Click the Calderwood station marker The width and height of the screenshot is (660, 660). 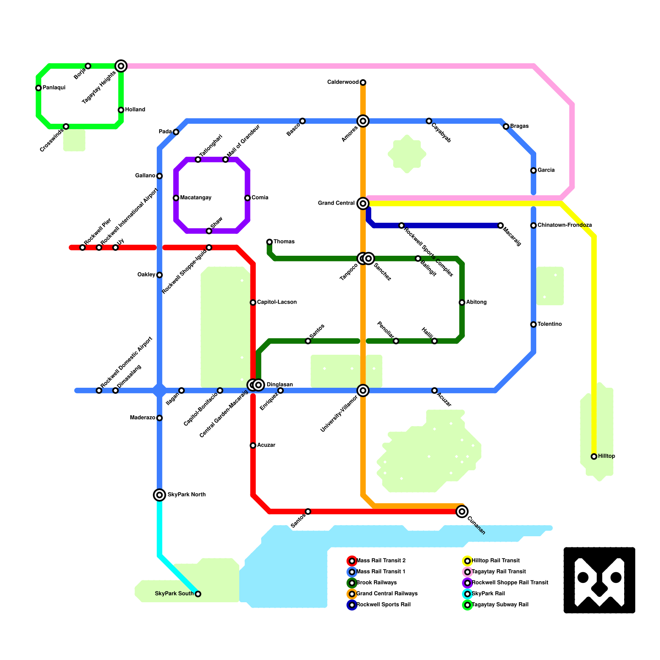pyautogui.click(x=363, y=82)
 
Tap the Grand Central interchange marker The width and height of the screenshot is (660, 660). pyautogui.click(x=363, y=203)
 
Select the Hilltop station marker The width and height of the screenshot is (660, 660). pyautogui.click(x=594, y=457)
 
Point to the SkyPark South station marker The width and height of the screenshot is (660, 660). pyautogui.click(x=198, y=594)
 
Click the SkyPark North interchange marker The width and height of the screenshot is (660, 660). pyautogui.click(x=160, y=495)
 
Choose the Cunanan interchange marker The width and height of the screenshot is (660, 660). pyautogui.click(x=462, y=511)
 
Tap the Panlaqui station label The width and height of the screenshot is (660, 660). pyautogui.click(x=54, y=88)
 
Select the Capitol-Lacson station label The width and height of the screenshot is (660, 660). pyautogui.click(x=277, y=302)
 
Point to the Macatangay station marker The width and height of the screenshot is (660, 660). pyautogui.click(x=176, y=198)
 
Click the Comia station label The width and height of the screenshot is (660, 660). pyautogui.click(x=260, y=198)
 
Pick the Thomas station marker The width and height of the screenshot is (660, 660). pyautogui.click(x=269, y=242)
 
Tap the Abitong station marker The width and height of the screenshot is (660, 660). pyautogui.click(x=462, y=302)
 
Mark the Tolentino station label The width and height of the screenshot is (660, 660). pyautogui.click(x=549, y=324)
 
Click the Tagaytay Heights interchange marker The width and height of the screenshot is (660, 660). pyautogui.click(x=121, y=66)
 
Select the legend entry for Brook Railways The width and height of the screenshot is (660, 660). pyautogui.click(x=376, y=583)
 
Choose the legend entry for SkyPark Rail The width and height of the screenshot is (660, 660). pyautogui.click(x=488, y=594)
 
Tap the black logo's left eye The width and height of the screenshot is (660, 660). pyautogui.click(x=583, y=577)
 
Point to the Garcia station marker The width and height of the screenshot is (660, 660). pyautogui.click(x=533, y=170)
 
